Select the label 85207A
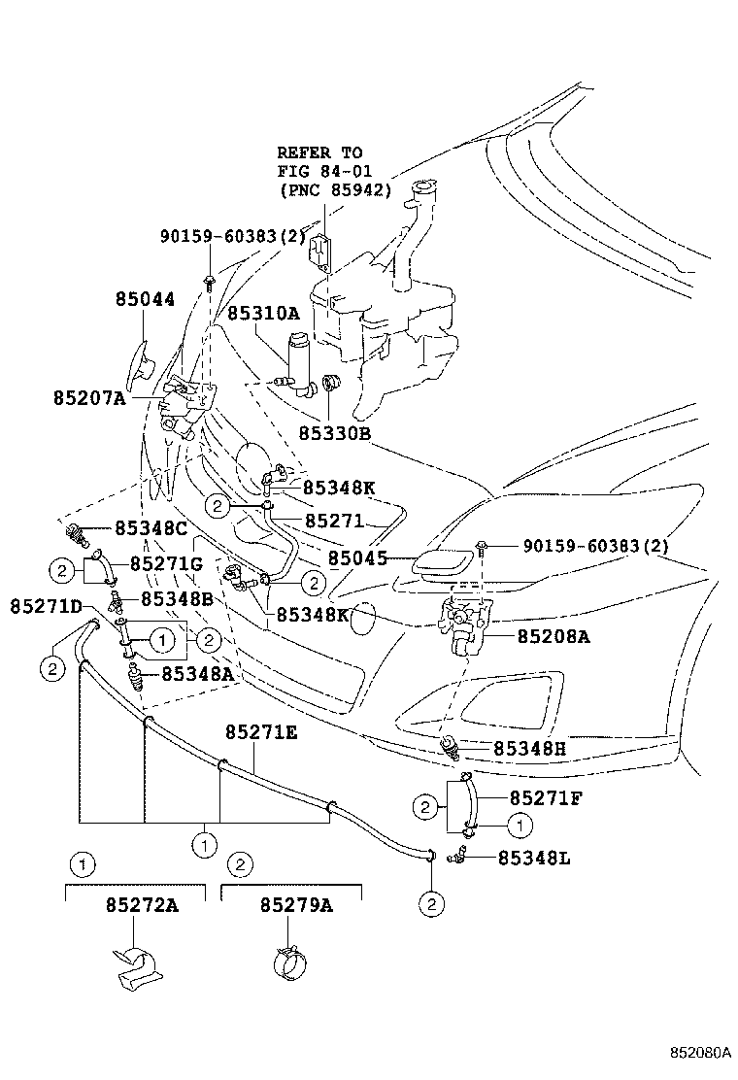(x=90, y=397)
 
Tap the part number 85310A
(x=263, y=314)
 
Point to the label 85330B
(x=335, y=434)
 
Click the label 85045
(x=357, y=559)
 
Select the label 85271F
(x=546, y=798)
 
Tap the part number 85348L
(x=535, y=858)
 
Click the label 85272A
(x=142, y=905)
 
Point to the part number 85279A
(x=296, y=905)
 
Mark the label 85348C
(x=151, y=529)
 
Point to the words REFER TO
(x=319, y=152)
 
